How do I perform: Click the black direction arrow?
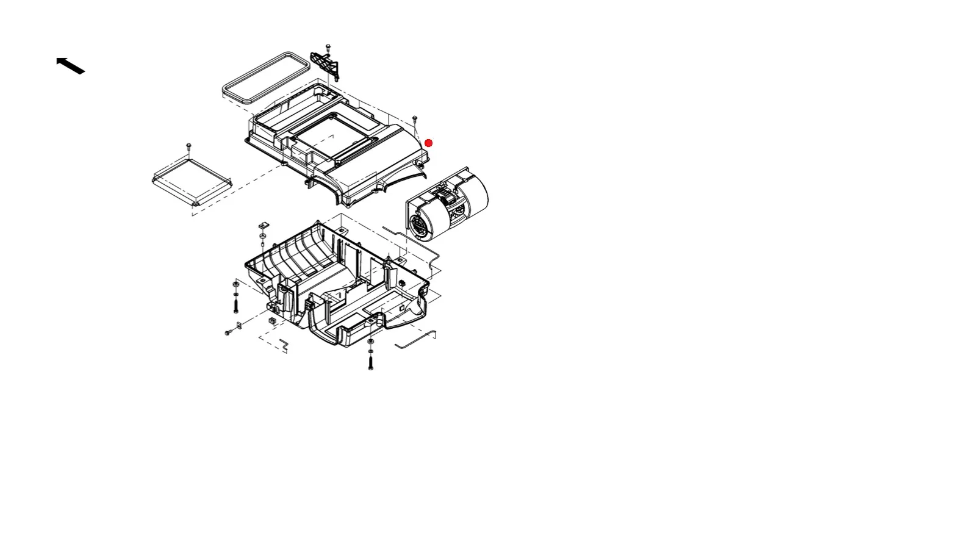click(70, 65)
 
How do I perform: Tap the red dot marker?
click(429, 143)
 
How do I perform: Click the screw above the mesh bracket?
click(329, 47)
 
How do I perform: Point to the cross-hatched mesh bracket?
click(325, 65)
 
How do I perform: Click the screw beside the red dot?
click(415, 118)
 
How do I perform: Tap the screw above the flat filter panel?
click(189, 146)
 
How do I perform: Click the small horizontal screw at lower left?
click(229, 332)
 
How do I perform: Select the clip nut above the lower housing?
click(263, 226)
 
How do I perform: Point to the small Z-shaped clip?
click(284, 345)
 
